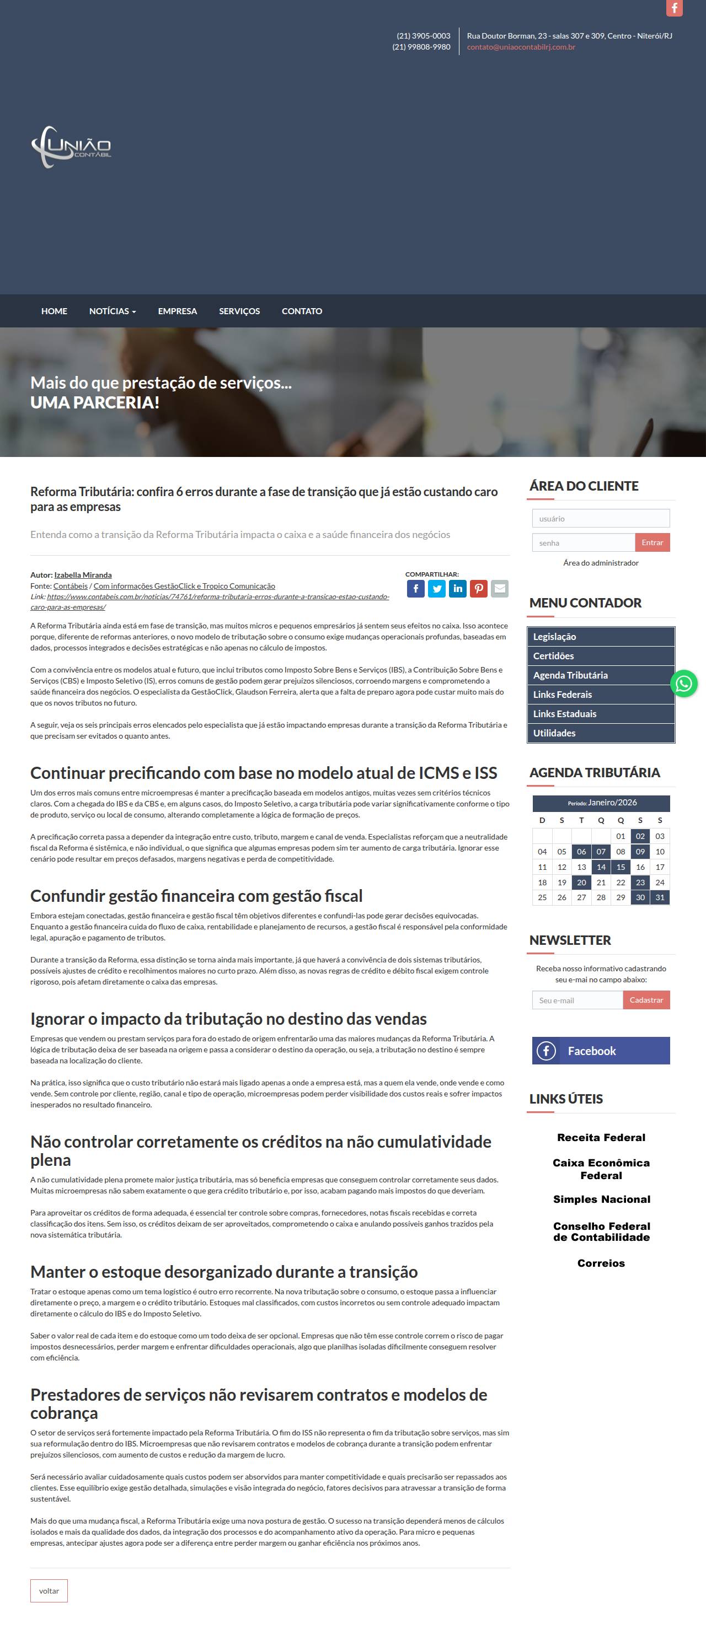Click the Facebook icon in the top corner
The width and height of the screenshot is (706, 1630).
coord(675,8)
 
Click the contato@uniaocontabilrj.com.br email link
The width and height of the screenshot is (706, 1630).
coord(521,47)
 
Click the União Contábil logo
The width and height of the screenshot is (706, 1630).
coord(72,147)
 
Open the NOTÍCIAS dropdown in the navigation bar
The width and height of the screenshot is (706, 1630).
coord(112,311)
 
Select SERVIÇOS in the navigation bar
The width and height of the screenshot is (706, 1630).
coord(239,311)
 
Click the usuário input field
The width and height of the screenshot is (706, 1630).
coord(600,518)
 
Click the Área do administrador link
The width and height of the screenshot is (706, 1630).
coord(600,562)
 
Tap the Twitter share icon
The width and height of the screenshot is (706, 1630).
coord(436,589)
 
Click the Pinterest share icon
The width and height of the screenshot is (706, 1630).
coord(479,589)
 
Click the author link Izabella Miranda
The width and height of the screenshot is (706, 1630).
coord(83,574)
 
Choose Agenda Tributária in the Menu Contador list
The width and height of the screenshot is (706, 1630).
coord(570,675)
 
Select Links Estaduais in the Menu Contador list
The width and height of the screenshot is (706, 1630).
coord(565,714)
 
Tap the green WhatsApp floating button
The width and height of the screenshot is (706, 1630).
coord(684,684)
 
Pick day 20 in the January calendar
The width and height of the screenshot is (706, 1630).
coord(581,882)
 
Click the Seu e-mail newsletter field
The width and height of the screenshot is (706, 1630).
coord(577,1000)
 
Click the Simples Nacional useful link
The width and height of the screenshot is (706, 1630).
coord(601,1199)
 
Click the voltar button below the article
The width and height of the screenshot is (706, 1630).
coord(49,1590)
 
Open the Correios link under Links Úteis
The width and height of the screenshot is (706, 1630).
coord(601,1263)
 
